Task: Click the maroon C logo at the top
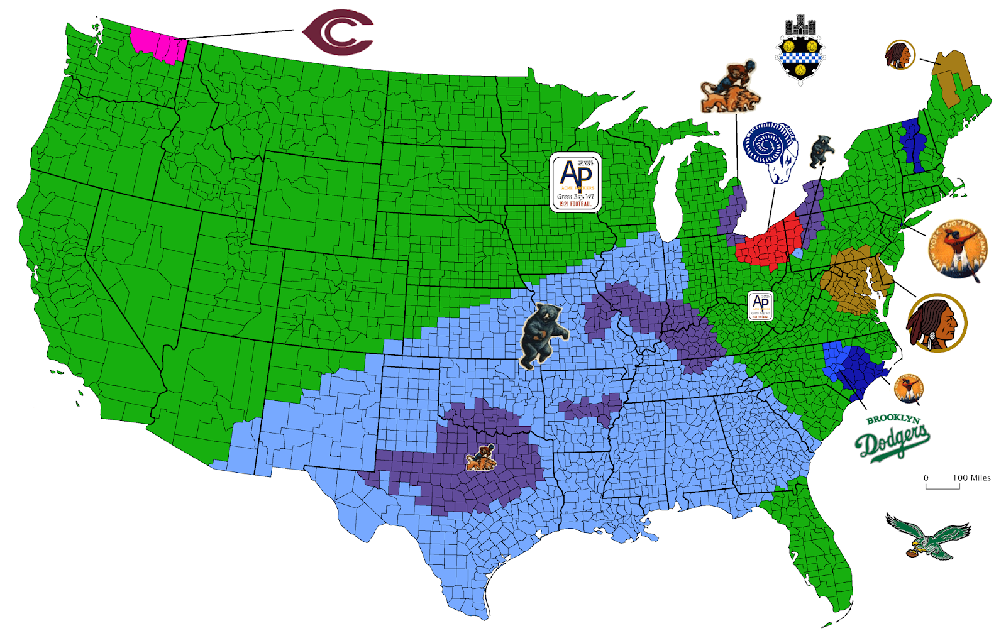click(x=338, y=32)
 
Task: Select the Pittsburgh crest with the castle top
click(x=800, y=50)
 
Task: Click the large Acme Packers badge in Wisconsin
click(x=575, y=182)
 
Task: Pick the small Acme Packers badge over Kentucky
click(x=760, y=306)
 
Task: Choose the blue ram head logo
click(x=771, y=151)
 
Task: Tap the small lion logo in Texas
click(x=481, y=458)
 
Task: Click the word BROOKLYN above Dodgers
click(x=893, y=419)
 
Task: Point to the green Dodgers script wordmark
click(x=892, y=442)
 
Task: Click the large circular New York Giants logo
click(x=958, y=250)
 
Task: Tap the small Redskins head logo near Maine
click(x=900, y=55)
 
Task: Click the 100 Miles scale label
click(x=971, y=478)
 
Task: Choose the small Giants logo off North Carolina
click(x=909, y=387)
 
